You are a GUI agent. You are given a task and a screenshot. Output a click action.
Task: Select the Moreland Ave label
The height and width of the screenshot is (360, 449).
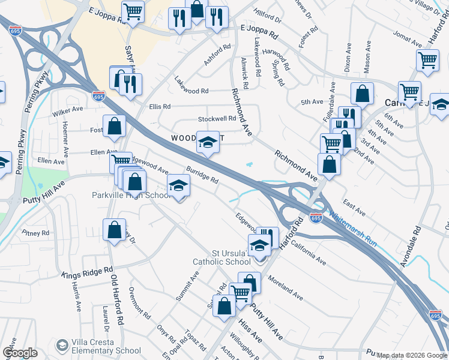coord(285,287)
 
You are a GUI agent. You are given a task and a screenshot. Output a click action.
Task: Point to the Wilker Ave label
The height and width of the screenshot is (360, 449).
coord(67,111)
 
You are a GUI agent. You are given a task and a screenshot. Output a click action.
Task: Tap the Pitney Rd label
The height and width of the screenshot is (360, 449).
coord(35,232)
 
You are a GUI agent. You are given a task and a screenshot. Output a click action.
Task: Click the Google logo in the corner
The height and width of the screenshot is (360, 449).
coord(20,353)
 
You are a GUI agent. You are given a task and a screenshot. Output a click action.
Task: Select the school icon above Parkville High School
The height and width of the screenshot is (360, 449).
coord(178,186)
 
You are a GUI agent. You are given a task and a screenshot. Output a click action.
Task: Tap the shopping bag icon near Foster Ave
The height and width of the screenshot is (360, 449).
coord(114,125)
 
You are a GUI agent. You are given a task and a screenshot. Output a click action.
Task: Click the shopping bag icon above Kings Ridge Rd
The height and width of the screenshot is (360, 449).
coord(114,229)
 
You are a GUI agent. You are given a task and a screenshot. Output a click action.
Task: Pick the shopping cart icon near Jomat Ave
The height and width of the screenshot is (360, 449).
coord(427,59)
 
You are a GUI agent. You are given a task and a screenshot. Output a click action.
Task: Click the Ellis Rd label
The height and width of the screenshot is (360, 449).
coord(160,106)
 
